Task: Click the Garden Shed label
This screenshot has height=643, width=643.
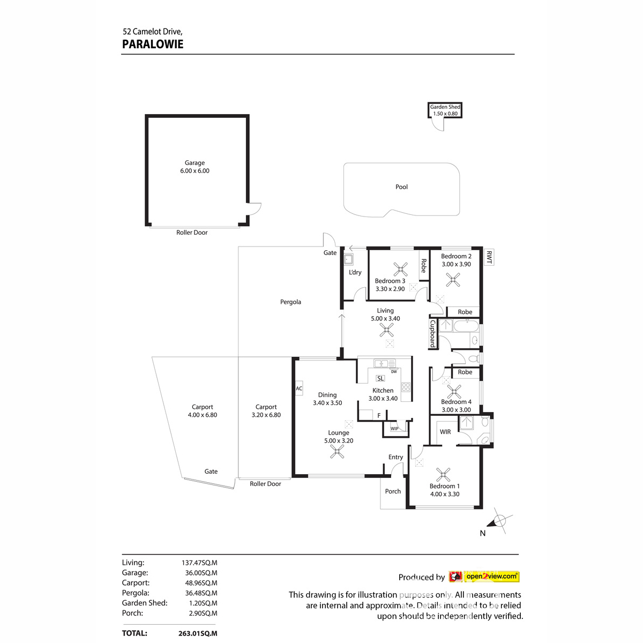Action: click(445, 107)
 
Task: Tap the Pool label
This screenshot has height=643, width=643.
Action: click(401, 187)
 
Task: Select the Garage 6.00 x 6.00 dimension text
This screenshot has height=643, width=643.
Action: click(195, 171)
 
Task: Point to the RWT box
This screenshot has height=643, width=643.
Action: click(489, 257)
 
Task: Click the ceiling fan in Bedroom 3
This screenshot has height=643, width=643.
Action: click(400, 270)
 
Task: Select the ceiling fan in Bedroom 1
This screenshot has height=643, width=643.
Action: click(443, 474)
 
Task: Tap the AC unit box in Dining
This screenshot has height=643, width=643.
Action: click(298, 388)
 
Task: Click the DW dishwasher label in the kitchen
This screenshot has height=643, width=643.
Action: click(394, 371)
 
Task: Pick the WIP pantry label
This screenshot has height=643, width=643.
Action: click(394, 429)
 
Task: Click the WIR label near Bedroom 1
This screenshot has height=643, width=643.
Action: click(445, 432)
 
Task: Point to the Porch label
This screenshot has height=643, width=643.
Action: click(393, 491)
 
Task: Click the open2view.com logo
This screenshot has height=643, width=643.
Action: click(484, 577)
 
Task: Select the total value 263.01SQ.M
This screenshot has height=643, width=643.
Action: click(198, 633)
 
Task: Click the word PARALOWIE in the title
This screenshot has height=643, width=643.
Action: click(153, 44)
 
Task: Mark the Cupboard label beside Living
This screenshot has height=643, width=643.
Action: click(432, 334)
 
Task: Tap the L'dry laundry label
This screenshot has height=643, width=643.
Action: click(355, 272)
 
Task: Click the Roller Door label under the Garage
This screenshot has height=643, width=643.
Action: click(192, 233)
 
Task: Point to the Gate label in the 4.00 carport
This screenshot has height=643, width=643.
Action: click(211, 472)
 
